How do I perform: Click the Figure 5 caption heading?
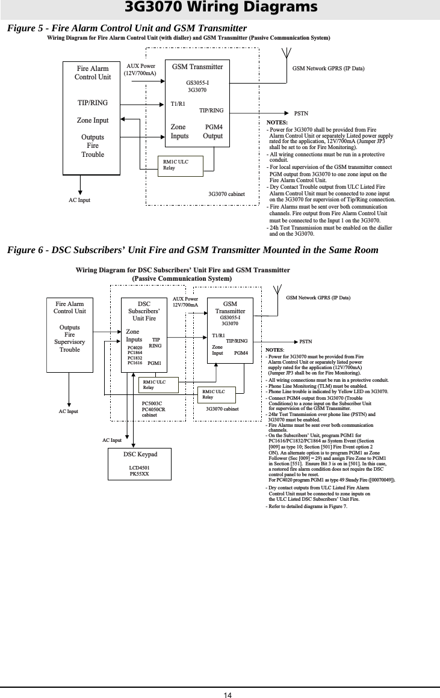click(x=127, y=28)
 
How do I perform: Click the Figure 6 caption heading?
click(x=193, y=250)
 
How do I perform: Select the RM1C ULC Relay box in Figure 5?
click(x=179, y=165)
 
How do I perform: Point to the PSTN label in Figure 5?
click(x=301, y=113)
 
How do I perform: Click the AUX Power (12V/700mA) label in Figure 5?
click(x=141, y=70)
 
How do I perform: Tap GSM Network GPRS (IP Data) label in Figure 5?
click(x=328, y=69)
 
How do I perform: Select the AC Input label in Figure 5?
click(x=78, y=199)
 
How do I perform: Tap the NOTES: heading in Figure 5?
click(x=277, y=122)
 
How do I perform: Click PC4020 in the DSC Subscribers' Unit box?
click(x=135, y=347)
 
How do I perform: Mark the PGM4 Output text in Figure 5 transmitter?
click(x=213, y=132)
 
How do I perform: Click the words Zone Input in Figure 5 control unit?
click(x=93, y=120)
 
